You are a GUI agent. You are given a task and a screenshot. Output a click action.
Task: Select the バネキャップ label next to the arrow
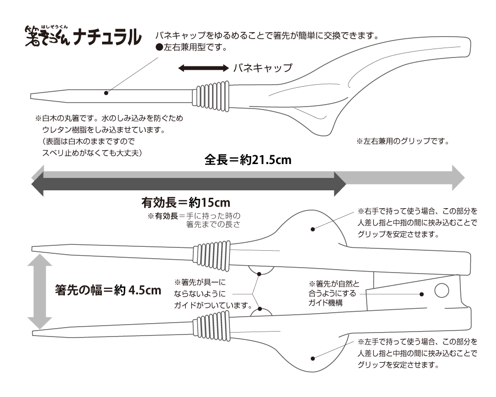tap(262, 68)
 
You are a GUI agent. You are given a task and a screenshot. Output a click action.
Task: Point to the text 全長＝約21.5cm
tap(247, 160)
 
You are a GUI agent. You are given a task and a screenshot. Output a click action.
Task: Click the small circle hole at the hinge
tap(441, 290)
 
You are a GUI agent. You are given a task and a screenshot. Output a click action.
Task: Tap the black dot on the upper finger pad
tap(313, 229)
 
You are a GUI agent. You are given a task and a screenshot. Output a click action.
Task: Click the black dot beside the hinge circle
tap(421, 293)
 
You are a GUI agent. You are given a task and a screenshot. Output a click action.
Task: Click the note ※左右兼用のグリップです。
tap(402, 141)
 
